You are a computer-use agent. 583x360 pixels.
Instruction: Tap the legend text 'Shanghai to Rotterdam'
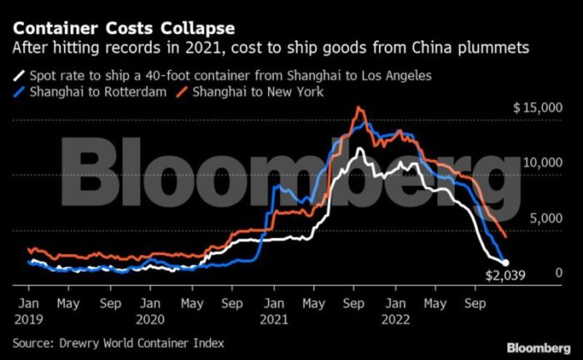click(95, 91)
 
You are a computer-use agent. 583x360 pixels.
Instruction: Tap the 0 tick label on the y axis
click(560, 273)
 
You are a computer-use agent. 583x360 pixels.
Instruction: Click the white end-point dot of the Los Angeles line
click(505, 262)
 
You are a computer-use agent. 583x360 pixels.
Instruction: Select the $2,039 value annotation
click(507, 277)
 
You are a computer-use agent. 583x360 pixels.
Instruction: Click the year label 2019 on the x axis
click(29, 317)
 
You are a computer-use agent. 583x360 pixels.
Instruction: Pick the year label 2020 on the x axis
click(152, 317)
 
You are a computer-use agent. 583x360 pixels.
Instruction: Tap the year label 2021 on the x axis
click(273, 317)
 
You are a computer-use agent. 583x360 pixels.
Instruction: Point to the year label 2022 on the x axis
click(395, 317)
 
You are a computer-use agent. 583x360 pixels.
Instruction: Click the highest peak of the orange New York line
click(359, 107)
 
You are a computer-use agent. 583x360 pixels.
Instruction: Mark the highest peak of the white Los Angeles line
click(360, 148)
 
